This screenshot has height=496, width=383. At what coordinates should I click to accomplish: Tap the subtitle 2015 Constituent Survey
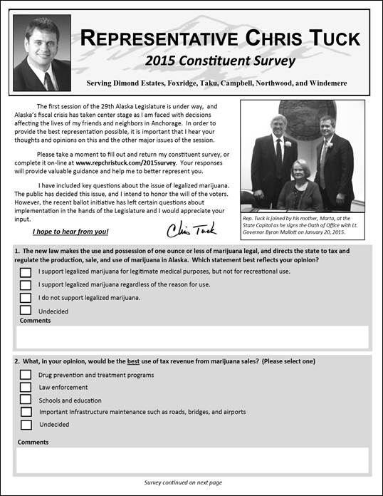tap(219, 61)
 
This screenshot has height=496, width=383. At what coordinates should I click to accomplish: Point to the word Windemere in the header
tap(325, 83)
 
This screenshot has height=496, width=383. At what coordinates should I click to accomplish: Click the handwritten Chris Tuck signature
tap(191, 229)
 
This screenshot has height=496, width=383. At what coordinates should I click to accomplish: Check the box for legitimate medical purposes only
tap(26, 272)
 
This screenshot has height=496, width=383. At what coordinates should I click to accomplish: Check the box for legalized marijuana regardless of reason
tap(26, 285)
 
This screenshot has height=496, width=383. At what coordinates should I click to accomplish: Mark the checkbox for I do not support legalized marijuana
tap(26, 297)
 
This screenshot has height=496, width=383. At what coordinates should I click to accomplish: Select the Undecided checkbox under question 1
tap(26, 310)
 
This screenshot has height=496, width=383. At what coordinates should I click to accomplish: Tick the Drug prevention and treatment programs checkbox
tap(26, 374)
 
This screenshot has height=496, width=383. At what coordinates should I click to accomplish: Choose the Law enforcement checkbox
tap(26, 387)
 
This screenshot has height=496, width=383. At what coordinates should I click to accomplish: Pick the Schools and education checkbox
tap(26, 400)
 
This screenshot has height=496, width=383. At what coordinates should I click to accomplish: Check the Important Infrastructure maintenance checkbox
tap(26, 412)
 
